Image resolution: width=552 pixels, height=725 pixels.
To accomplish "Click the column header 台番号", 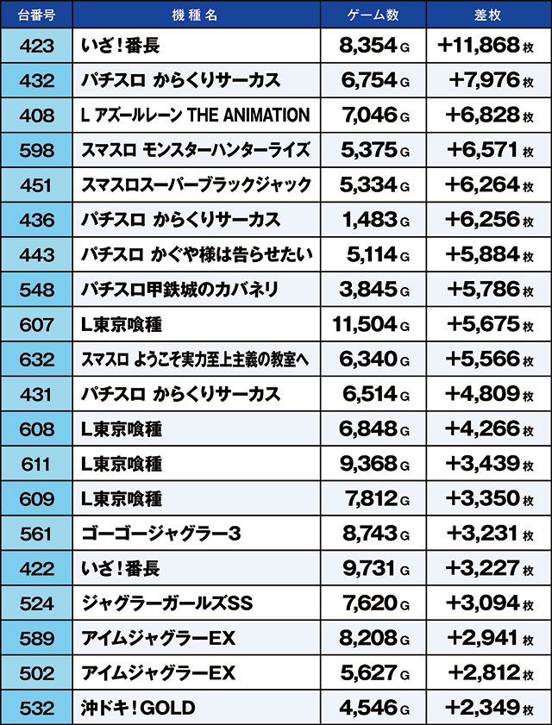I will (x=36, y=15).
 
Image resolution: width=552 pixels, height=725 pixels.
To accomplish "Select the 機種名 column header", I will (x=196, y=15).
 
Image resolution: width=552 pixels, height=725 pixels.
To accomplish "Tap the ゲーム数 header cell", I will (x=372, y=15).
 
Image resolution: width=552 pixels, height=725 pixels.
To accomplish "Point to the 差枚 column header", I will (x=487, y=15).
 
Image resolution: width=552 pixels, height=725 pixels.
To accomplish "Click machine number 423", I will (x=36, y=46).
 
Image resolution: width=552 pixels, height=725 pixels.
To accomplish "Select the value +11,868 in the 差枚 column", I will (x=480, y=46).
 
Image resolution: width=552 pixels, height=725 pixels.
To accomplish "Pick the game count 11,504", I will (x=365, y=325).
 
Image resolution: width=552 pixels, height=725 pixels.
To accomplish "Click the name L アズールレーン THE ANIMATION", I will (x=195, y=116).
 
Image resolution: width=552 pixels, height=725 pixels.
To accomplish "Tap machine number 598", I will (x=36, y=150).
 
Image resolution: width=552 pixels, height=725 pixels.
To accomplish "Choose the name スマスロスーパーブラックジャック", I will (x=196, y=185).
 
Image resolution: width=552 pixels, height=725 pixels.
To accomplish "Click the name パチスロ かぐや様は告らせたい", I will (x=196, y=255).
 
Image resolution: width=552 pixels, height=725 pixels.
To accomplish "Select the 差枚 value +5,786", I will (x=483, y=290).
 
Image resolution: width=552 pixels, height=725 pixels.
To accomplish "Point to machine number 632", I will (x=36, y=359).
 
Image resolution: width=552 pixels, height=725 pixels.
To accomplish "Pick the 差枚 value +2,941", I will (x=483, y=639).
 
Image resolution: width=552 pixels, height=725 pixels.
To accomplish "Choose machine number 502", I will (x=36, y=673).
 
